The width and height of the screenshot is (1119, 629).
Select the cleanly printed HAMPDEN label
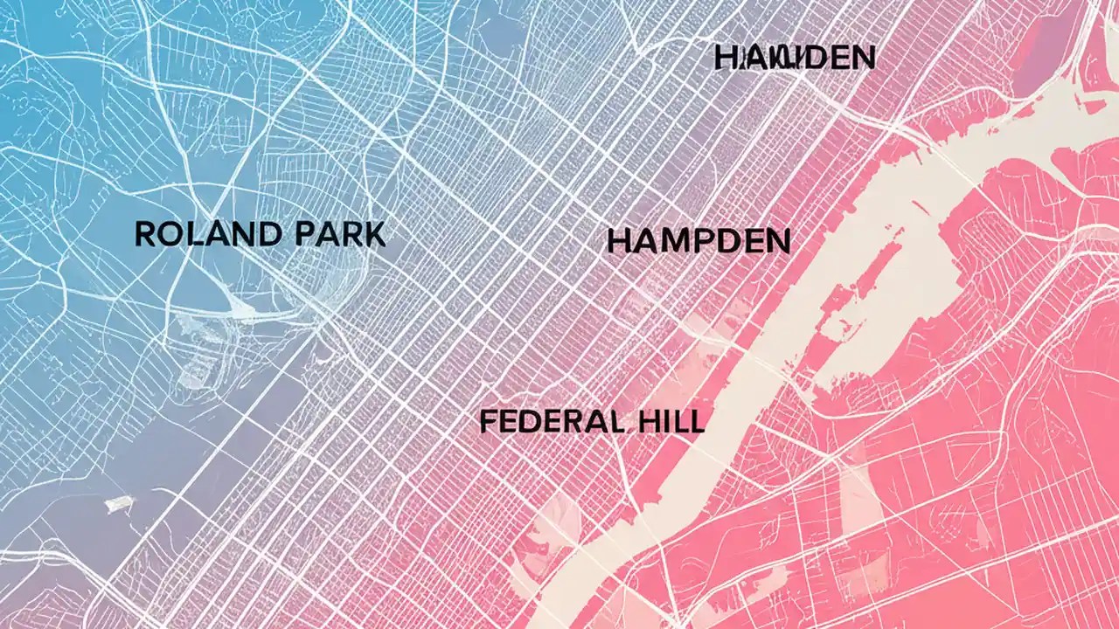click(699, 242)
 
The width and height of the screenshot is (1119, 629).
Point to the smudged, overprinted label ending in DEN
click(794, 58)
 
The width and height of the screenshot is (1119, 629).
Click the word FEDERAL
click(552, 422)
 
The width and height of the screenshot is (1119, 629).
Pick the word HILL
click(668, 422)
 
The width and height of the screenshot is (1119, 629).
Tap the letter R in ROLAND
click(145, 234)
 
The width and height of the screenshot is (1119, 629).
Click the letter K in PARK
click(374, 234)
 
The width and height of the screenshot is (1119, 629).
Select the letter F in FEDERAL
click(488, 422)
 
